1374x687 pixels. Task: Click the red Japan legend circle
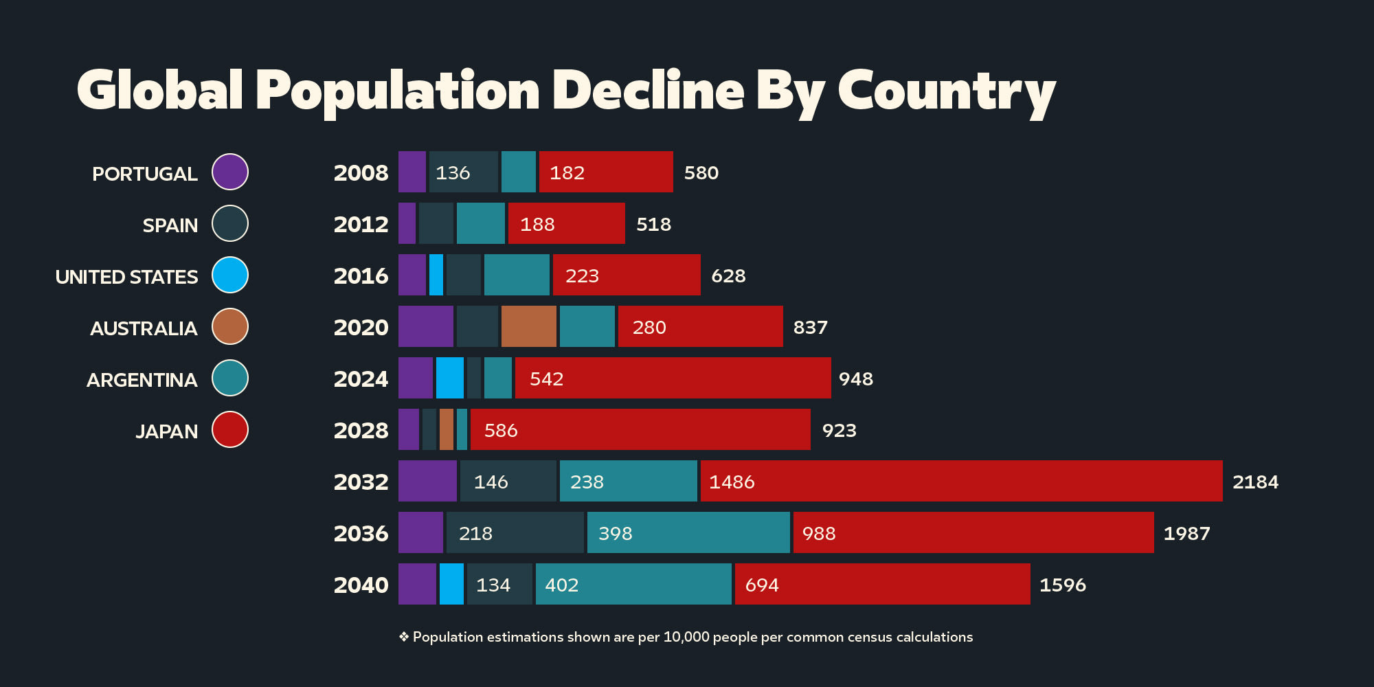click(230, 429)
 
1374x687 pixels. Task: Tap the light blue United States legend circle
click(230, 275)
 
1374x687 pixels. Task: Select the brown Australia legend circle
click(230, 326)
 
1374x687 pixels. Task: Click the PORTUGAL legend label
click(145, 174)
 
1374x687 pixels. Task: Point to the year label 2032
click(361, 482)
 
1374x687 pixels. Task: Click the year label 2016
click(361, 275)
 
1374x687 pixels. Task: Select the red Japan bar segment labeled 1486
click(961, 481)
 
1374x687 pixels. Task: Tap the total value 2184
click(1255, 482)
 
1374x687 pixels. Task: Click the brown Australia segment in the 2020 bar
click(528, 326)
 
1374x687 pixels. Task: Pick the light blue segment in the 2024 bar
click(449, 378)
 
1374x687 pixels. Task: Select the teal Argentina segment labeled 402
click(633, 584)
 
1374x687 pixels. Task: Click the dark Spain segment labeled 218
click(515, 532)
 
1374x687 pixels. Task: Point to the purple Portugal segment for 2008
click(412, 172)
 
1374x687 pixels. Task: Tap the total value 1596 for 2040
click(1062, 585)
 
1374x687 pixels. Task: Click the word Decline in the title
click(648, 90)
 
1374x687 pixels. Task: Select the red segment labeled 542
click(673, 378)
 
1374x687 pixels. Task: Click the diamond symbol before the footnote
click(404, 637)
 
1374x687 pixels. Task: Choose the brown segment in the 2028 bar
click(446, 429)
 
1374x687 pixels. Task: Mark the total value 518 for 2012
click(653, 224)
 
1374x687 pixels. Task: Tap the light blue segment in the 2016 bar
click(436, 275)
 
